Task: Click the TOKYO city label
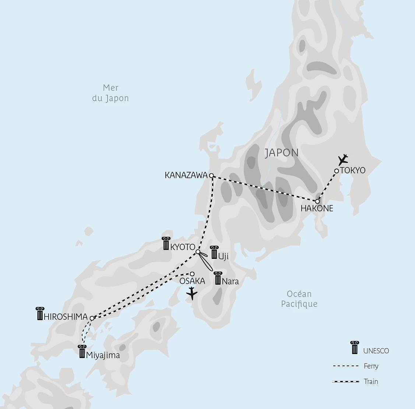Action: [x=353, y=170]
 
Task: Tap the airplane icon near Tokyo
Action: [x=343, y=160]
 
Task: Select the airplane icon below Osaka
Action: [x=191, y=294]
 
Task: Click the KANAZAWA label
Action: [x=186, y=175]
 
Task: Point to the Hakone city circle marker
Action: [x=317, y=201]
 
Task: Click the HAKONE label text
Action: [x=317, y=208]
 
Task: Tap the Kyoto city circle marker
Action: [x=197, y=252]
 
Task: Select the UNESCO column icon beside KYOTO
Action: [x=166, y=244]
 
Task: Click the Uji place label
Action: [x=223, y=256]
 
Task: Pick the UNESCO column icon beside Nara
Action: [x=218, y=278]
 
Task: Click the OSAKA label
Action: [x=192, y=281]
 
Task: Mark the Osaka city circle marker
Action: [x=192, y=274]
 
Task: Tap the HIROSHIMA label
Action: [x=66, y=317]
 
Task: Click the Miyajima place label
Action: [x=103, y=356]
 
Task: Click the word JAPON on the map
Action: [x=282, y=153]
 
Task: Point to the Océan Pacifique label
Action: [x=299, y=299]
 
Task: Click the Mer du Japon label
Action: [x=110, y=93]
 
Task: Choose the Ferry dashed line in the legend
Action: [x=345, y=366]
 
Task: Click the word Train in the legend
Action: [x=371, y=381]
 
